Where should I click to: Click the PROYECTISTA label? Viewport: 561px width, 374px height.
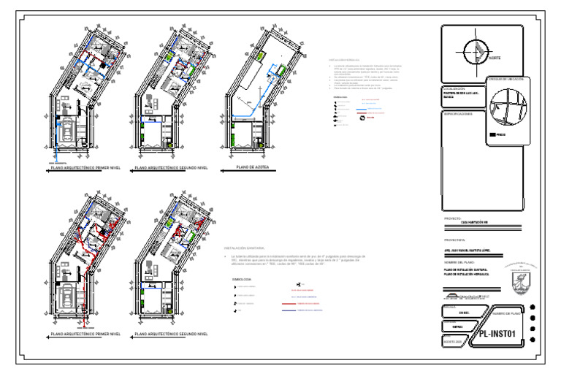coord(454,240)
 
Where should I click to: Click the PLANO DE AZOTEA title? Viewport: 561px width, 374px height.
coord(253,167)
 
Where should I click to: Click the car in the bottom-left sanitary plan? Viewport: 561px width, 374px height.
coord(66,298)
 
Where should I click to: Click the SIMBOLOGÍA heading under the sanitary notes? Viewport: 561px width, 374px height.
coord(242,279)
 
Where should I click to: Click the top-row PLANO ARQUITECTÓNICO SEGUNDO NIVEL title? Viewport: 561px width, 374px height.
coord(172,168)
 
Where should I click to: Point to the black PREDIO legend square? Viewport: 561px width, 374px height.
coord(490,134)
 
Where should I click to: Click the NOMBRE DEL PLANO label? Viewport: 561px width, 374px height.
coord(459,261)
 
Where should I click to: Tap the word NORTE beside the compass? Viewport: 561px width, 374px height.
coord(495,58)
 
